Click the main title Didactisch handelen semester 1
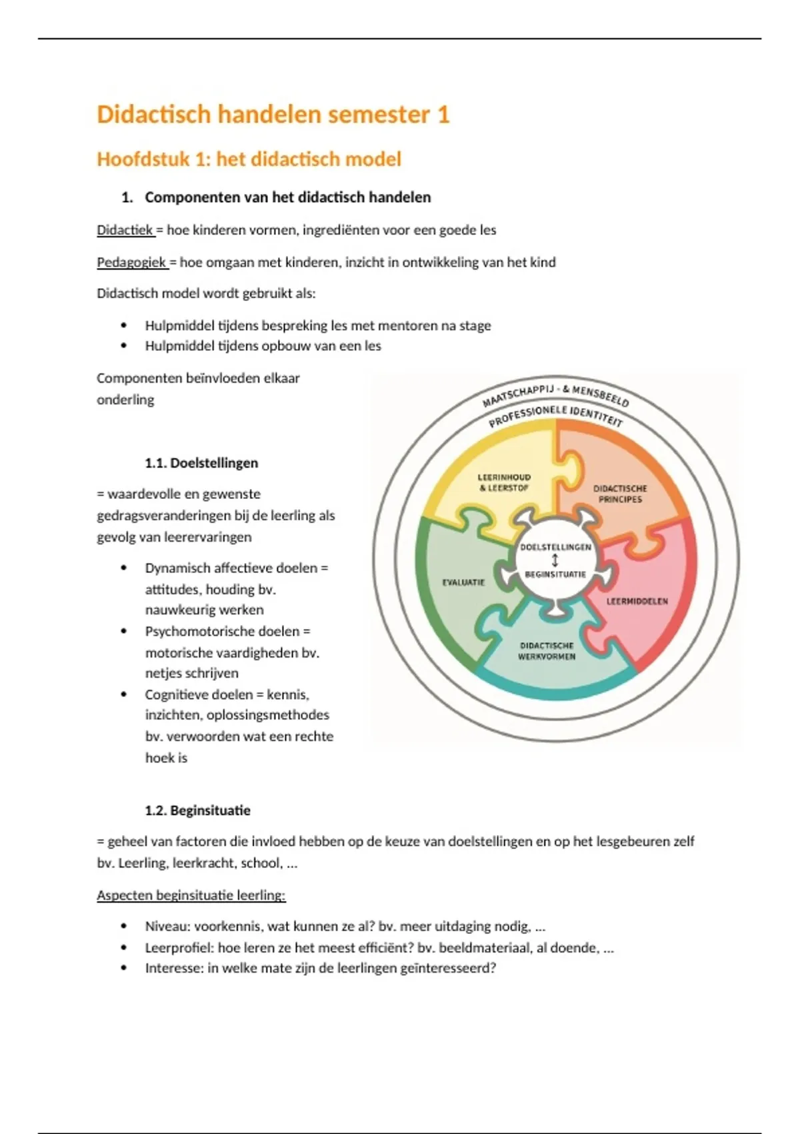click(273, 115)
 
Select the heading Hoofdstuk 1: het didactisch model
click(249, 159)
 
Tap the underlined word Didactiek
click(125, 230)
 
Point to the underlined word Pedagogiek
click(131, 262)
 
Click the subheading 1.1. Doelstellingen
click(201, 463)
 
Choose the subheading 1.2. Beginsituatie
click(197, 810)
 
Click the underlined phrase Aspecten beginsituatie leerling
click(191, 895)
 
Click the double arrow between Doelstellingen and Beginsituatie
click(555, 560)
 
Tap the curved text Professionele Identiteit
click(555, 415)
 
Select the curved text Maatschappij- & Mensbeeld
click(555, 393)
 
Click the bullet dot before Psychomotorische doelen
click(123, 631)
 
